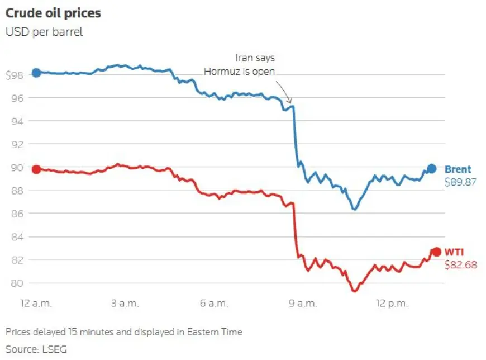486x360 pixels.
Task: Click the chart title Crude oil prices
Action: [53, 13]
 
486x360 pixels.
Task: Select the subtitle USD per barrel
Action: [44, 32]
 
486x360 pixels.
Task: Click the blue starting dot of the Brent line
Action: [36, 73]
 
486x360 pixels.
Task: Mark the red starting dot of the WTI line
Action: [36, 169]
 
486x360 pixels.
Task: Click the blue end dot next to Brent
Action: [432, 168]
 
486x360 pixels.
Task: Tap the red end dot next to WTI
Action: [436, 252]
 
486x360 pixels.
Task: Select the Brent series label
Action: [458, 169]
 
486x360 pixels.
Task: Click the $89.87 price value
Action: [461, 182]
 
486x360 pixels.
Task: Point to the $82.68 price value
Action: [461, 265]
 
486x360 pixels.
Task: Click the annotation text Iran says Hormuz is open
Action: [240, 64]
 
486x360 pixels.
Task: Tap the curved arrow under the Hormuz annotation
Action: [284, 91]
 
